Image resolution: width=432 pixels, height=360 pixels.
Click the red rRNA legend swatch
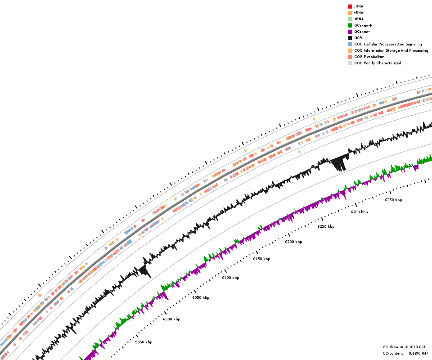click(x=350, y=6)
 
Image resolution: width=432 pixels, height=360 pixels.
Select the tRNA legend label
click(x=359, y=13)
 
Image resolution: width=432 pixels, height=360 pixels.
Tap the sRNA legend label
click(x=359, y=19)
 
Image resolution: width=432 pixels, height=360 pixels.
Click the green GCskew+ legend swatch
click(x=350, y=25)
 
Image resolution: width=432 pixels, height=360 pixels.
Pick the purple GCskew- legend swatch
click(x=350, y=31)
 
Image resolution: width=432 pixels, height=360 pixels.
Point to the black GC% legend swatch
click(x=350, y=38)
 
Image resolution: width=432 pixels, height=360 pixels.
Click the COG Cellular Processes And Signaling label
click(x=388, y=44)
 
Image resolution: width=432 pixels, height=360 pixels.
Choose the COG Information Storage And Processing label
click(x=391, y=50)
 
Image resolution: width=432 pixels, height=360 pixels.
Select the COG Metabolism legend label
click(x=369, y=57)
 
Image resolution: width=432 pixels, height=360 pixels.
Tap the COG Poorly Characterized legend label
click(x=378, y=63)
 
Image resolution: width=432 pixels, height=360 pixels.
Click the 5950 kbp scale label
click(x=144, y=342)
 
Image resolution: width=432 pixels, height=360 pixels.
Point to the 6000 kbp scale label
click(x=171, y=319)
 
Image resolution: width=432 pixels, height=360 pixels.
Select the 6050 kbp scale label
click(x=201, y=297)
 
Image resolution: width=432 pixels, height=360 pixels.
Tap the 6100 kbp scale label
click(x=230, y=278)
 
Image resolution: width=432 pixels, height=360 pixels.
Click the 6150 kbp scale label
click(x=261, y=259)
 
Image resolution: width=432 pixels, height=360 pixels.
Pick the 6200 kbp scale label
click(x=293, y=242)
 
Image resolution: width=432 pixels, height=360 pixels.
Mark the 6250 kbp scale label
click(x=326, y=226)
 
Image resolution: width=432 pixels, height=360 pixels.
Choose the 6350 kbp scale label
click(x=393, y=200)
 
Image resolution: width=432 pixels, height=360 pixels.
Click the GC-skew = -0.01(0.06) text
click(x=404, y=347)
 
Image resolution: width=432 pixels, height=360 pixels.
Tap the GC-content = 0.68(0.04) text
click(x=405, y=353)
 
